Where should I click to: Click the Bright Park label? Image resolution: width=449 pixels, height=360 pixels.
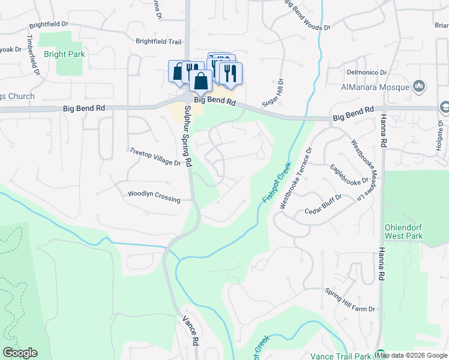pyautogui.click(x=64, y=54)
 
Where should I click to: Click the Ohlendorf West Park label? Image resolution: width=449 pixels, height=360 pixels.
pyautogui.click(x=405, y=231)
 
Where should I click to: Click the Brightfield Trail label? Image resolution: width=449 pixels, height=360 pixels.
pyautogui.click(x=158, y=41)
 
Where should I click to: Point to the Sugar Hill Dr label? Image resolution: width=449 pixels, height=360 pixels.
pyautogui.click(x=280, y=92)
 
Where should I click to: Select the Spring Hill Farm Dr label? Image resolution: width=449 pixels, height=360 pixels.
pyautogui.click(x=350, y=300)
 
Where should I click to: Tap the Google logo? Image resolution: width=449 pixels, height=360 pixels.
pyautogui.click(x=20, y=352)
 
